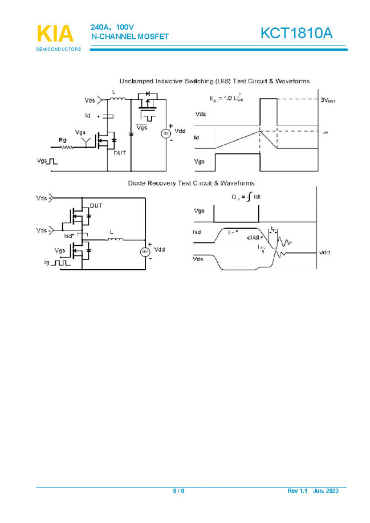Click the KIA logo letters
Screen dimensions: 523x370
click(x=55, y=34)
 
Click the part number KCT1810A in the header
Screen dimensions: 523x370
click(x=296, y=34)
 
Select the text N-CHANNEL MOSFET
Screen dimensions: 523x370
click(x=130, y=37)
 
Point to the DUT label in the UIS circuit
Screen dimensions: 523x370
click(x=120, y=153)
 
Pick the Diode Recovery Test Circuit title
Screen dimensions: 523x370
click(x=191, y=183)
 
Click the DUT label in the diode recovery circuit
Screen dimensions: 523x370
click(x=96, y=205)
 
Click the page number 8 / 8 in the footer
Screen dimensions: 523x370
click(x=178, y=490)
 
